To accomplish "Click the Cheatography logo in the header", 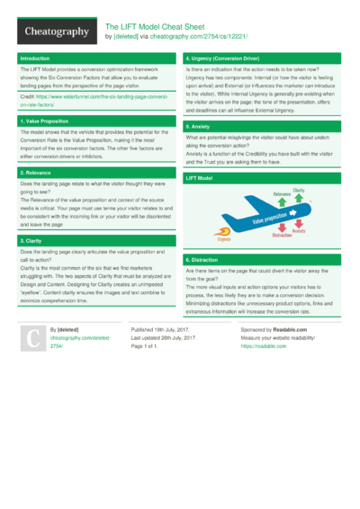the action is pyautogui.click(x=55, y=31).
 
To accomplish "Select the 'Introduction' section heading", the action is pyautogui.click(x=37, y=58).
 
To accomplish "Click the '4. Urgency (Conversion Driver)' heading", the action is pyautogui.click(x=227, y=58).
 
